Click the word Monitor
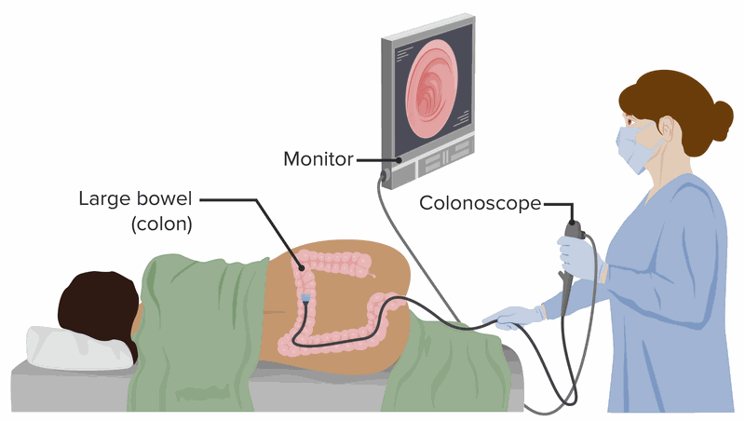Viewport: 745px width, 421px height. [x=318, y=160]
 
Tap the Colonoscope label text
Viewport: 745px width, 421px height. [x=480, y=203]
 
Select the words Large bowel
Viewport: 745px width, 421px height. [x=135, y=198]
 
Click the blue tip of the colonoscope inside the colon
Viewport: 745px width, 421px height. [x=305, y=298]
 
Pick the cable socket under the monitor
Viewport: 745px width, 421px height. [x=383, y=174]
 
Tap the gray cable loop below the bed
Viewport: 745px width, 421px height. [x=559, y=396]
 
